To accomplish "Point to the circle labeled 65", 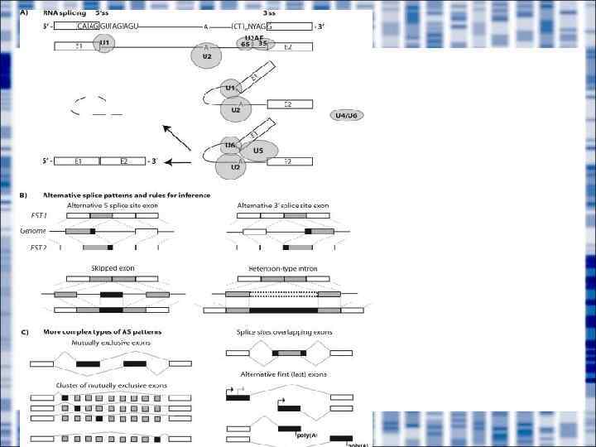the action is pyautogui.click(x=246, y=43).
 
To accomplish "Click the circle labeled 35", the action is pyautogui.click(x=262, y=43).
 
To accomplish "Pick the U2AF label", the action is pyautogui.click(x=254, y=36).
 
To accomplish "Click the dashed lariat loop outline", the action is pyautogui.click(x=87, y=106).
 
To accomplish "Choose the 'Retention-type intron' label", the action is pyautogui.click(x=281, y=269).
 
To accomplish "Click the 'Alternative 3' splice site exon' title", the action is pyautogui.click(x=281, y=204).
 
